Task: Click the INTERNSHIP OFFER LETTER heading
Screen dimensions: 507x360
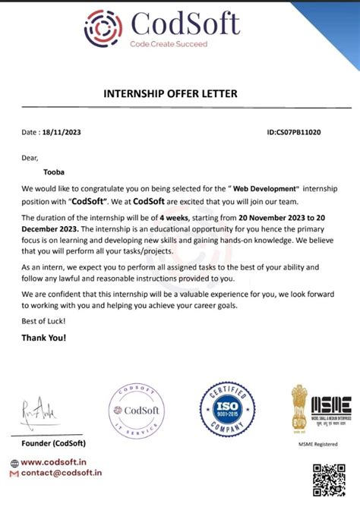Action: (170, 93)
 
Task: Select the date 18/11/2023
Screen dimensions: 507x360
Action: (62, 132)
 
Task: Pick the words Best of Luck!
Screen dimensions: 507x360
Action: (44, 321)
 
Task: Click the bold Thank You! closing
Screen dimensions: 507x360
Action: (44, 336)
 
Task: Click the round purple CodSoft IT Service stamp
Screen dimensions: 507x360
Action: (136, 411)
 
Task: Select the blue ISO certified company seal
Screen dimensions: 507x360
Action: (227, 411)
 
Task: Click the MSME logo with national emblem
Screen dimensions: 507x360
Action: (320, 409)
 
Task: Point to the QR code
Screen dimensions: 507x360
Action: (330, 480)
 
